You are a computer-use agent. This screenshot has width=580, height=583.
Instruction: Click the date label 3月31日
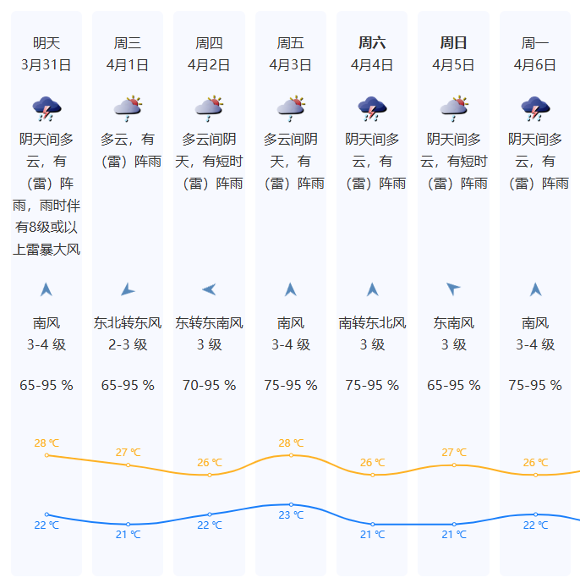tap(47, 64)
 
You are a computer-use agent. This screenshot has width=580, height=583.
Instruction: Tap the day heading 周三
tap(128, 43)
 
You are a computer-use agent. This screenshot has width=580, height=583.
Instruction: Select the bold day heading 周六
tap(372, 43)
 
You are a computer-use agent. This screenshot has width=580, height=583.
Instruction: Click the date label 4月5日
tap(453, 64)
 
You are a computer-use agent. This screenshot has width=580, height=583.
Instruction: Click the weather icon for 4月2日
tap(209, 107)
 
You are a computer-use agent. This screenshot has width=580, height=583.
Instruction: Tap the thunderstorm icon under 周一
tap(535, 107)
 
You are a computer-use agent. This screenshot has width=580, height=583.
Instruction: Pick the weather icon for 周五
tap(291, 107)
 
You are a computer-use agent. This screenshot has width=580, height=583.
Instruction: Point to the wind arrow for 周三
tap(128, 290)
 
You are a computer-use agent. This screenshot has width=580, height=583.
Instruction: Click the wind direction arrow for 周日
tap(453, 289)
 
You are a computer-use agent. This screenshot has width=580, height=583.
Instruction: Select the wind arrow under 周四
tap(209, 290)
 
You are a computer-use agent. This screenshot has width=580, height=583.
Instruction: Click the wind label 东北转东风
tap(128, 323)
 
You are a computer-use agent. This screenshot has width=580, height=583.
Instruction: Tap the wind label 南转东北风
tap(372, 323)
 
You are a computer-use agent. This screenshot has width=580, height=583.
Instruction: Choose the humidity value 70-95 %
tap(209, 386)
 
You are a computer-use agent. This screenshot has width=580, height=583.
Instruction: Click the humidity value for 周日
tap(453, 386)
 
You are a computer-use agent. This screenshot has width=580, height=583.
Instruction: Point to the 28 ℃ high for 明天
tap(47, 443)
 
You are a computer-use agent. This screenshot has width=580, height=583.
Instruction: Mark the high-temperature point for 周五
tap(291, 455)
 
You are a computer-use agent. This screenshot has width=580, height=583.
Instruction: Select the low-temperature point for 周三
tap(128, 525)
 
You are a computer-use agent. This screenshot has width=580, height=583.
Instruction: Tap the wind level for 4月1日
tap(128, 345)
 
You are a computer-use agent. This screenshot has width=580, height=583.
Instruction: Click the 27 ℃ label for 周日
tap(453, 453)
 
